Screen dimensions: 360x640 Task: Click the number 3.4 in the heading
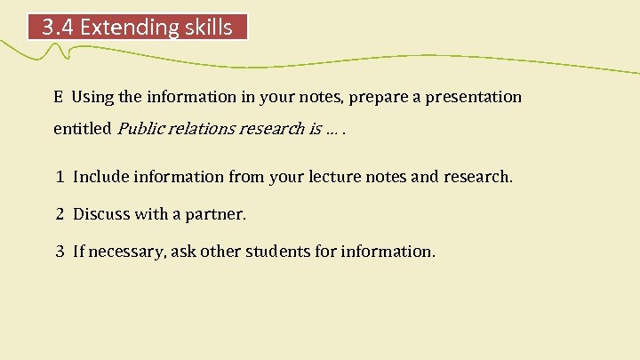click(x=59, y=28)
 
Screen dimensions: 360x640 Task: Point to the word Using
click(x=92, y=97)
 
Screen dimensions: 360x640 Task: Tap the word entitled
click(x=82, y=129)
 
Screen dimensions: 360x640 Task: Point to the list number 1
click(x=59, y=177)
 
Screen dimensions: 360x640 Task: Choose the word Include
click(x=100, y=177)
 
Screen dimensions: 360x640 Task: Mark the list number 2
click(x=59, y=214)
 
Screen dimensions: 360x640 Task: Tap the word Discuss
click(x=100, y=214)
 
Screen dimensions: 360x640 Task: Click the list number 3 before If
click(x=59, y=252)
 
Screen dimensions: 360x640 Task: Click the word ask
click(x=186, y=252)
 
